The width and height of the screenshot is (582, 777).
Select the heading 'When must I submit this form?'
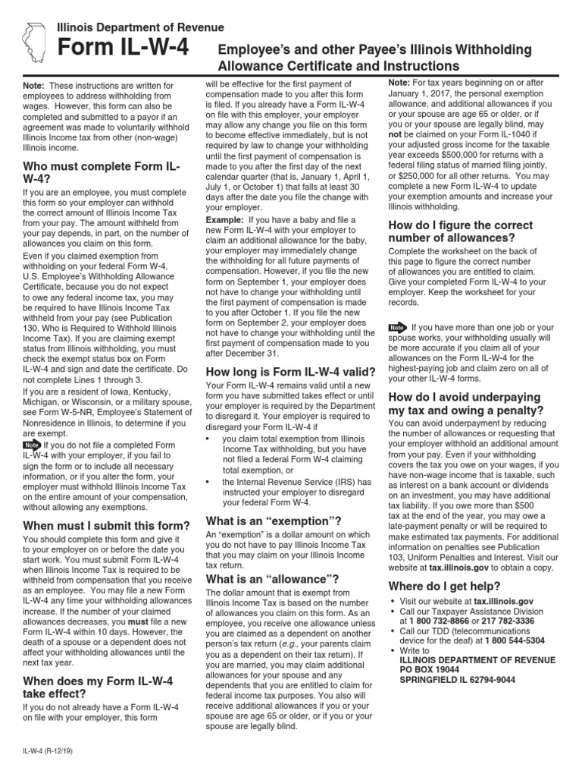107,526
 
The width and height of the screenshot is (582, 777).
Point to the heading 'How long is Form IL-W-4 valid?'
291,372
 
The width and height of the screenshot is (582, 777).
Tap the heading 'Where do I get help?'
444,586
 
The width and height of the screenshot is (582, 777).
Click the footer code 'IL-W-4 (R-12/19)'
52,751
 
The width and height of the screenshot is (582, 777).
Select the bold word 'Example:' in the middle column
225,219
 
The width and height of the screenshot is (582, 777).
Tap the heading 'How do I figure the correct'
461,225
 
